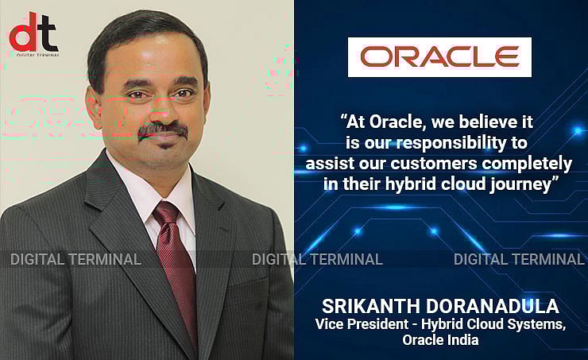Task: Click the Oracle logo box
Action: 439,57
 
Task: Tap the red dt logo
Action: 33,33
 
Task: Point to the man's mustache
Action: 162,129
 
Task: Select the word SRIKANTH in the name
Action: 367,307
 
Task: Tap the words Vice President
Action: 355,323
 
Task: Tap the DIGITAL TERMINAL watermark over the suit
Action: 75,259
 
